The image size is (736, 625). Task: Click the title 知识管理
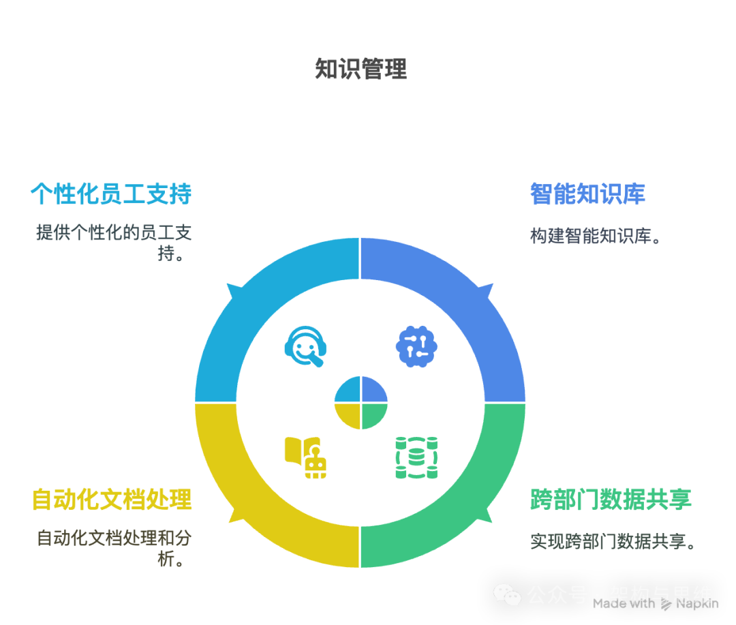pyautogui.click(x=361, y=69)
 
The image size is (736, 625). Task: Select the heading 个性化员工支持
pyautogui.click(x=111, y=194)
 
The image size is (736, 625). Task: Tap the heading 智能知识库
pyautogui.click(x=587, y=194)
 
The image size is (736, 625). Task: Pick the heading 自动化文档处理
pyautogui.click(x=112, y=500)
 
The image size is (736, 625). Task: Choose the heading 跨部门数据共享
pyautogui.click(x=611, y=500)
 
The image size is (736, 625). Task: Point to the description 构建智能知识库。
pyautogui.click(x=596, y=236)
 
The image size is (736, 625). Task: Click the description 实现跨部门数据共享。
pyautogui.click(x=613, y=541)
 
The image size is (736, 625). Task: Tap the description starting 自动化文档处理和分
pyautogui.click(x=114, y=548)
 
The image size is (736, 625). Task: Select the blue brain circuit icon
pyautogui.click(x=416, y=346)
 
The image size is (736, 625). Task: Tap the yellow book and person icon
pyautogui.click(x=305, y=457)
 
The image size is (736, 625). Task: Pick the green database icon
pyautogui.click(x=416, y=457)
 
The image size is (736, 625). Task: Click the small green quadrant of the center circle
pyautogui.click(x=373, y=415)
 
